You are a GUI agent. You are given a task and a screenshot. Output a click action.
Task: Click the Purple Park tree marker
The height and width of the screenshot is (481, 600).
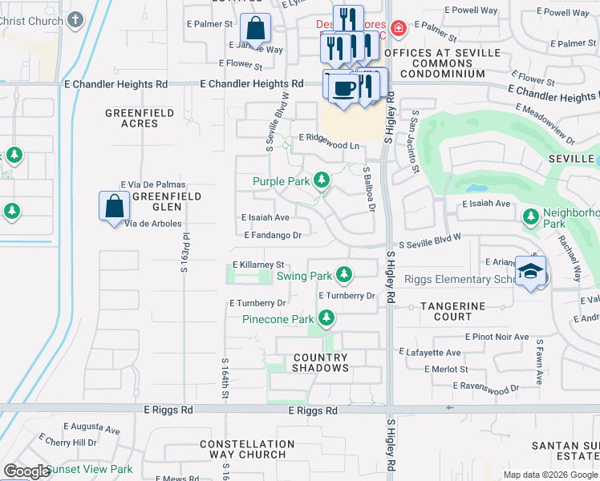pyautogui.click(x=322, y=180)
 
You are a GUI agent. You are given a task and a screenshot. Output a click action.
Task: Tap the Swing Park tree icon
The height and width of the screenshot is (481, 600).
pyautogui.click(x=344, y=275)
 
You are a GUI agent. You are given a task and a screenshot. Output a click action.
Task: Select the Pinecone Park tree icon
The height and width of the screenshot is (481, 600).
pyautogui.click(x=326, y=319)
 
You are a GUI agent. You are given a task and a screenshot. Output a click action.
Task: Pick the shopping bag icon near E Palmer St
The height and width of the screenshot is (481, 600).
pyautogui.click(x=254, y=28)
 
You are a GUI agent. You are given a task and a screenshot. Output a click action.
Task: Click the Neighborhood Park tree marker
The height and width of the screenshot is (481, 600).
pyautogui.click(x=530, y=216)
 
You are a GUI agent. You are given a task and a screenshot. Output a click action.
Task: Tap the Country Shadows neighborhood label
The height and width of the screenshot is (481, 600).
pyautogui.click(x=321, y=362)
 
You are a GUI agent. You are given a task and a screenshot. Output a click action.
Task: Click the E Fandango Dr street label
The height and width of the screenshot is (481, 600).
pyautogui.click(x=273, y=235)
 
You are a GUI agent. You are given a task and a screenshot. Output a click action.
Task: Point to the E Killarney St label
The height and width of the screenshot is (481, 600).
pyautogui.click(x=259, y=264)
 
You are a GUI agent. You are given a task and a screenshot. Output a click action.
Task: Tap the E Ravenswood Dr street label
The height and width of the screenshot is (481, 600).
pyautogui.click(x=485, y=386)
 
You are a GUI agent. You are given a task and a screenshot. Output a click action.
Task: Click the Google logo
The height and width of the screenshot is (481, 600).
pyautogui.click(x=26, y=471)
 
